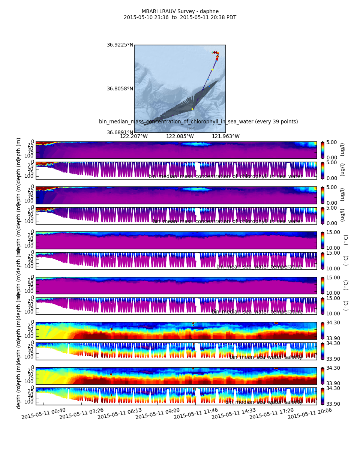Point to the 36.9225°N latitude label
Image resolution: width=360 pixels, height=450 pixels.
click(120, 45)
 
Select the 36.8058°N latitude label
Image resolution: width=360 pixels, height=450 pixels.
click(120, 88)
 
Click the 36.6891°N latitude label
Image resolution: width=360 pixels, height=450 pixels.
click(120, 132)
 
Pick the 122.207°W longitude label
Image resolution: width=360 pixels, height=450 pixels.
click(134, 136)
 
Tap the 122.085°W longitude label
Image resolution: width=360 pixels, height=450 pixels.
click(180, 136)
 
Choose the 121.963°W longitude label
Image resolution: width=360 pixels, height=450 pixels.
click(226, 136)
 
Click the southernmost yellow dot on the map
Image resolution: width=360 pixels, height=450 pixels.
click(192, 109)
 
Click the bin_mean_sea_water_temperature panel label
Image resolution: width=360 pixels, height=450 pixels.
click(259, 267)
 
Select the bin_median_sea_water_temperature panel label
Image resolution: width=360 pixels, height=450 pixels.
click(257, 312)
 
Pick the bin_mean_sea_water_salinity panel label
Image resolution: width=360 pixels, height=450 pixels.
click(266, 357)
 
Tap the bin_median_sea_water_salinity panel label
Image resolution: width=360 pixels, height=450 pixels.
click(264, 402)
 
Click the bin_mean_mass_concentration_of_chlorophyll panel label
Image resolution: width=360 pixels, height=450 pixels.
click(228, 221)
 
